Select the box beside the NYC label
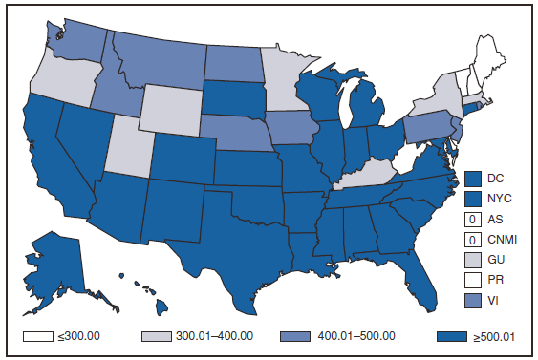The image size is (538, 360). pyautogui.click(x=475, y=199)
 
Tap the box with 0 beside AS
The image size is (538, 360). pyautogui.click(x=475, y=219)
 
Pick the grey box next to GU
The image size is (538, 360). pyautogui.click(x=475, y=259)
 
